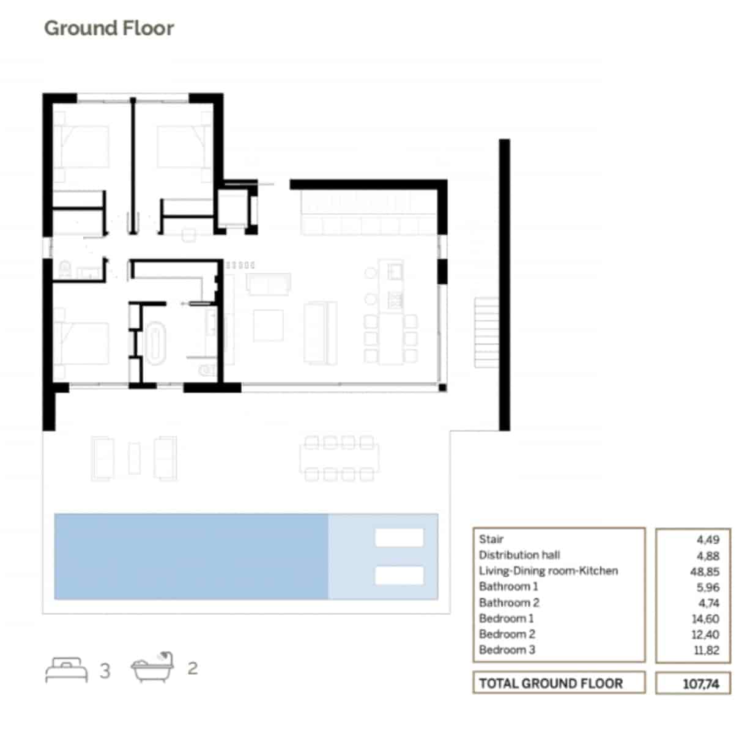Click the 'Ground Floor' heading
point(109,28)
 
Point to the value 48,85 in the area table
point(704,571)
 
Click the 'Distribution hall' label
point(519,555)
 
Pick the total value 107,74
point(700,684)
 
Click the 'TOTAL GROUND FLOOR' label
point(551,683)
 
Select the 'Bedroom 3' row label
point(507,650)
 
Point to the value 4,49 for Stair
point(708,539)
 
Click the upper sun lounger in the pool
point(399,538)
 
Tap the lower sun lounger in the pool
point(399,575)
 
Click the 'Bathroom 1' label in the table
point(508,587)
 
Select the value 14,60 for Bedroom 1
point(705,619)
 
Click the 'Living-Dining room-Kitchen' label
point(548,571)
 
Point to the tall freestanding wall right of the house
point(504,284)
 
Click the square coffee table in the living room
point(268,325)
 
